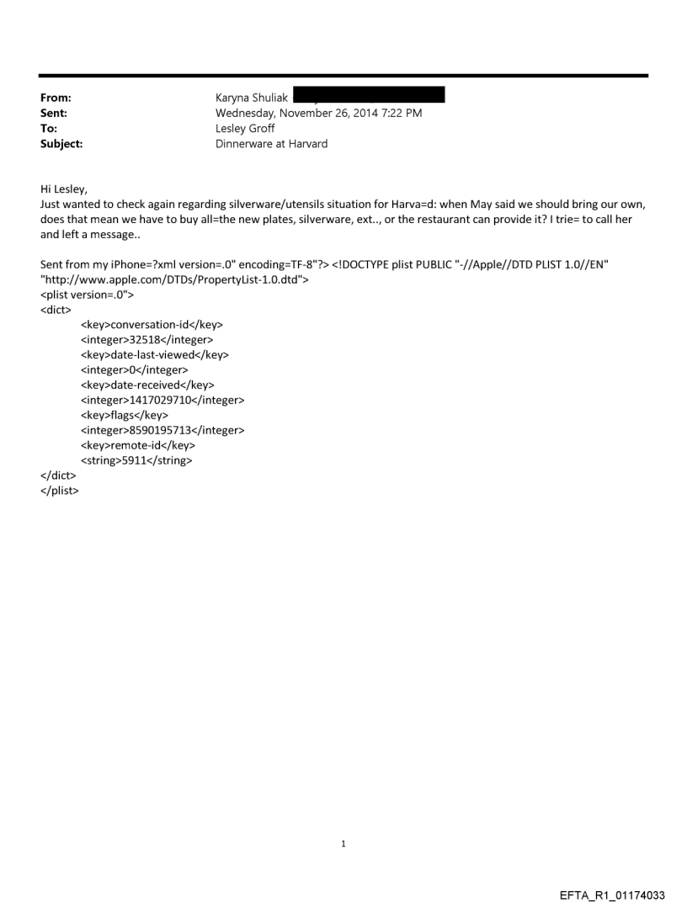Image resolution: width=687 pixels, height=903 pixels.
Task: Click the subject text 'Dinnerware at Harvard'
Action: (x=272, y=144)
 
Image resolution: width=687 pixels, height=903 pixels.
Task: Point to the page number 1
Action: (x=343, y=843)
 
